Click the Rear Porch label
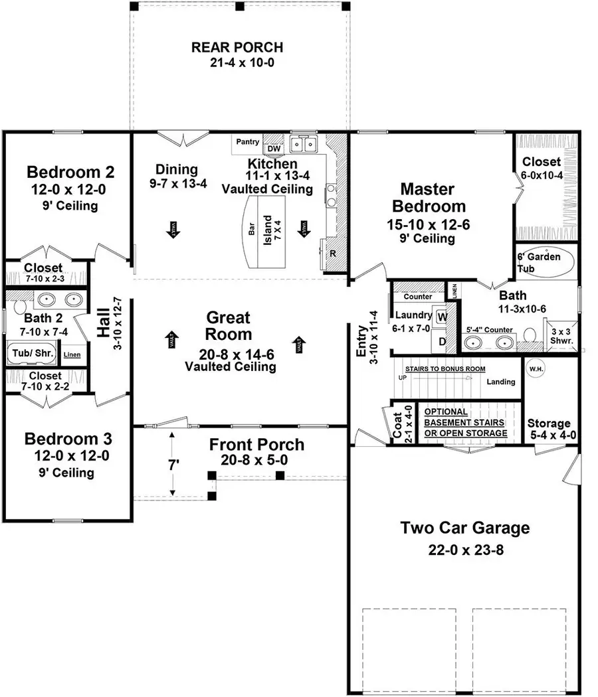pyautogui.click(x=237, y=48)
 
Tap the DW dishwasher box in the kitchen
pyautogui.click(x=274, y=148)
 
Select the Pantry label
pyautogui.click(x=247, y=142)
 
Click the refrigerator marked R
pyautogui.click(x=332, y=253)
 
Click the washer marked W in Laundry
pyautogui.click(x=441, y=317)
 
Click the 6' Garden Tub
pyautogui.click(x=539, y=262)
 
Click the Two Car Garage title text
pyautogui.click(x=464, y=528)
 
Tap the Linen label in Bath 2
pyautogui.click(x=72, y=354)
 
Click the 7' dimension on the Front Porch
pyautogui.click(x=173, y=465)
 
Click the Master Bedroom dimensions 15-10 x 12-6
pyautogui.click(x=428, y=224)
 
